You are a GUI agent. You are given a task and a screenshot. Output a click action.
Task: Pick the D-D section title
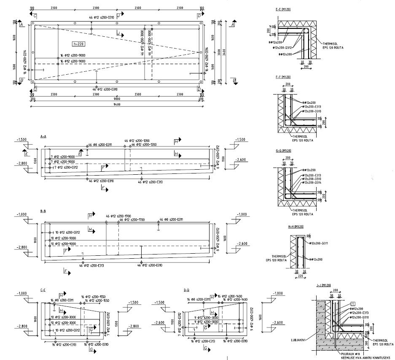[187, 290]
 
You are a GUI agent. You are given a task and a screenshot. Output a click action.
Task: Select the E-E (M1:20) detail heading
[283, 9]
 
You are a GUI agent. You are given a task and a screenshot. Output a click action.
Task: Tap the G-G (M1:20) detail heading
[283, 151]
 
